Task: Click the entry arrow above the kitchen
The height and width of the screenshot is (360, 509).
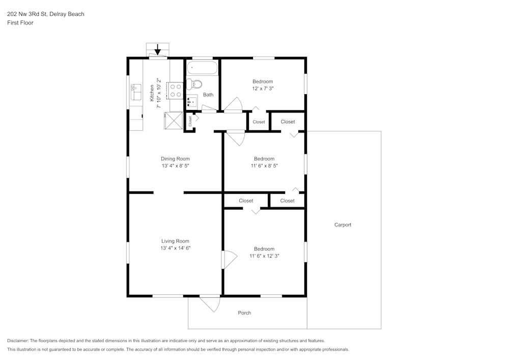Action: (158, 49)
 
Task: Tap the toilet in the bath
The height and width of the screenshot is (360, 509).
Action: (194, 84)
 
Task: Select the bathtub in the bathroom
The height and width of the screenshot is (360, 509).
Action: (202, 68)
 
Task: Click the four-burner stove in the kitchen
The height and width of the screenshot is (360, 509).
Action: (176, 91)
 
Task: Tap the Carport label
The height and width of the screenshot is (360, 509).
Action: (343, 225)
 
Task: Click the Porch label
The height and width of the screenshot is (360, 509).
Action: (244, 313)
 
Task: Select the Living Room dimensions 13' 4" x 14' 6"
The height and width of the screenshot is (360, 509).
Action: (175, 248)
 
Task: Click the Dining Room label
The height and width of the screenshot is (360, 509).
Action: (175, 159)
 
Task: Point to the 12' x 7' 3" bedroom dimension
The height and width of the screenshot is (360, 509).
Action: (263, 89)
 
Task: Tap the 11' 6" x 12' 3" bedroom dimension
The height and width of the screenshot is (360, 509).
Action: (264, 256)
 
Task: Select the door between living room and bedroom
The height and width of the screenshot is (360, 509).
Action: (228, 260)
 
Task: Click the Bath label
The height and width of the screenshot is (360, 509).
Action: (208, 95)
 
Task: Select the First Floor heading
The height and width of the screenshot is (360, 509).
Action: (20, 23)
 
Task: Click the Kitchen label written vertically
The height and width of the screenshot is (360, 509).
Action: (152, 93)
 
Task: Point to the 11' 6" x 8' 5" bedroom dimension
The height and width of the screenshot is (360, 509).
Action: (264, 165)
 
